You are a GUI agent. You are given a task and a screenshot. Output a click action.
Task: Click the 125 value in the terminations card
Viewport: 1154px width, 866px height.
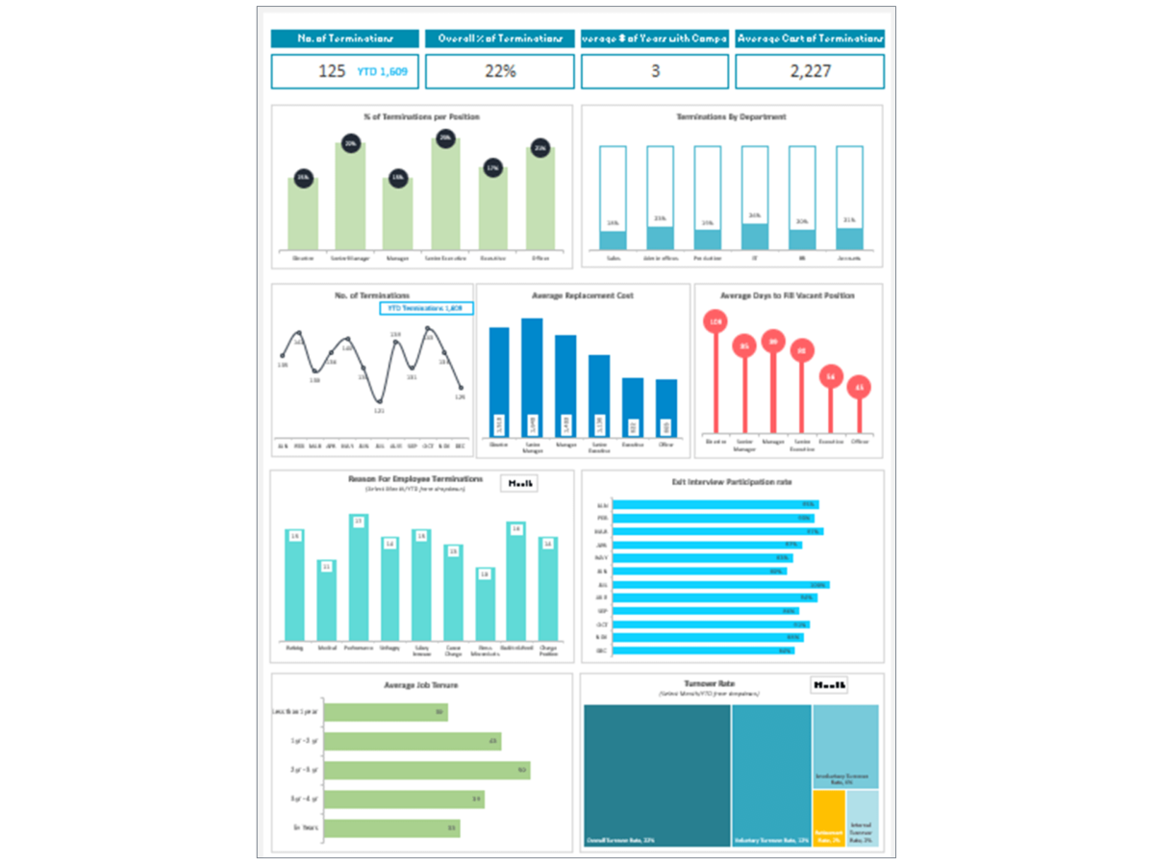click(x=332, y=71)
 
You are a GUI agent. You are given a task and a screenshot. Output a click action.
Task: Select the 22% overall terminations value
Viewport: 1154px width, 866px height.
click(x=500, y=71)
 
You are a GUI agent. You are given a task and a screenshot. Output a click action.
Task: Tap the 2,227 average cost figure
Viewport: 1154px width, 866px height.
click(x=810, y=71)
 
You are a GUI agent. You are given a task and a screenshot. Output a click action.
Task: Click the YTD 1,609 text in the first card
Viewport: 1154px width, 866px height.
click(x=383, y=71)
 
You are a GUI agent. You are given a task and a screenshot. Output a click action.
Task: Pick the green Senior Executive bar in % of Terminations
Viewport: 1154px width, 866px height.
click(x=445, y=196)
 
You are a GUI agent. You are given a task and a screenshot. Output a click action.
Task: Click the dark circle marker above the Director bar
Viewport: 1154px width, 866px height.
click(x=303, y=177)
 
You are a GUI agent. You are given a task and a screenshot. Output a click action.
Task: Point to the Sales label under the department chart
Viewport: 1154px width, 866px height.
click(x=613, y=258)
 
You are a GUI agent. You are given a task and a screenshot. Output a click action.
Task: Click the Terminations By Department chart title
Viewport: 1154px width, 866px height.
click(x=731, y=116)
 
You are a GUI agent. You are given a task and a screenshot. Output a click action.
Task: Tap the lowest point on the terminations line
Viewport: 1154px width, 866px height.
click(x=380, y=402)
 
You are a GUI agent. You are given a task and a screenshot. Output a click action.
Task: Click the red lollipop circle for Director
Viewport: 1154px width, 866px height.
click(x=715, y=321)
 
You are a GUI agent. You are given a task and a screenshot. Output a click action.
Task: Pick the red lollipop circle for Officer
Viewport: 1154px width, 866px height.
click(x=860, y=387)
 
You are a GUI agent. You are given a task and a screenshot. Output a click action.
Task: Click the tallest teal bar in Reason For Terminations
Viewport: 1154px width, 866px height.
click(x=359, y=578)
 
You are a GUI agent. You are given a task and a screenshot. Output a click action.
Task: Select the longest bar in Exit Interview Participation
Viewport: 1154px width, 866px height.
click(x=720, y=584)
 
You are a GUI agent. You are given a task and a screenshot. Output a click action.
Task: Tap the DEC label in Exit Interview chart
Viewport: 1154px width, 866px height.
click(x=602, y=650)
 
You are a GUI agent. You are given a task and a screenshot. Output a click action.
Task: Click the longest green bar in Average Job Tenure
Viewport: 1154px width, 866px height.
click(x=427, y=771)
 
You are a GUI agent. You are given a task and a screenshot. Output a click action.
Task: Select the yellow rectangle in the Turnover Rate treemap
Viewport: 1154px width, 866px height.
click(x=828, y=818)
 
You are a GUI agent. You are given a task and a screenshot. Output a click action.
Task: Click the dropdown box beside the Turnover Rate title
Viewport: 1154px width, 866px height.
click(x=829, y=685)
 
